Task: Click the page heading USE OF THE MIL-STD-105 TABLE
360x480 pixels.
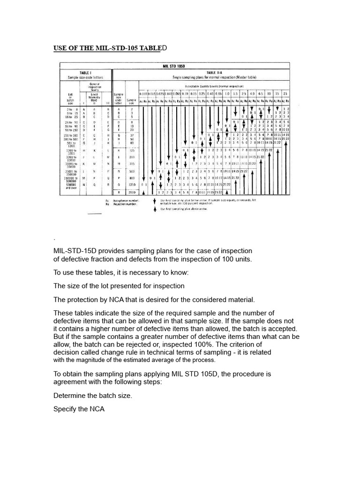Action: point(108,48)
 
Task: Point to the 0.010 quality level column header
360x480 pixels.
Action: point(145,94)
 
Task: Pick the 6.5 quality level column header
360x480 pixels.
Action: point(259,94)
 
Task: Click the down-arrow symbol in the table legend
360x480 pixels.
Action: point(155,201)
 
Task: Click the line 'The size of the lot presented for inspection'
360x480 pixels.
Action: point(119,285)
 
